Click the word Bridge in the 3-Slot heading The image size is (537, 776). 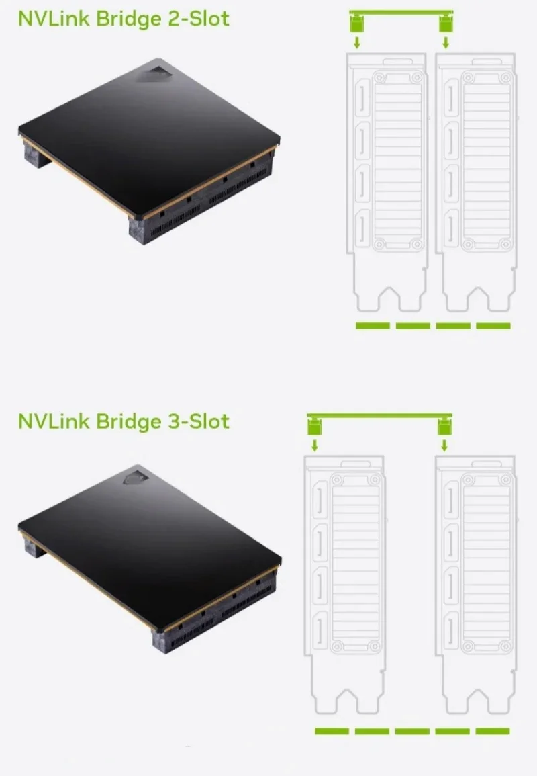tap(128, 421)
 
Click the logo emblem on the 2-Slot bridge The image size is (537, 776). tap(152, 72)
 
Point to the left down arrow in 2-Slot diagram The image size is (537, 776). tap(357, 42)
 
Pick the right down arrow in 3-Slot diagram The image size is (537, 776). tap(444, 445)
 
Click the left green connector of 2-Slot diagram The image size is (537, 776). tap(357, 24)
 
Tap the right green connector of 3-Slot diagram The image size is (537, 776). tap(444, 426)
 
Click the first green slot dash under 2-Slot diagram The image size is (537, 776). tap(373, 326)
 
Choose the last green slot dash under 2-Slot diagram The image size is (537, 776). tap(493, 326)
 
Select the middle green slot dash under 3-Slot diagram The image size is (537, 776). tap(412, 731)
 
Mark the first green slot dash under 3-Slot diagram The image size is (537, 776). tap(332, 731)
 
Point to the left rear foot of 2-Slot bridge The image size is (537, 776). tap(35, 153)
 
